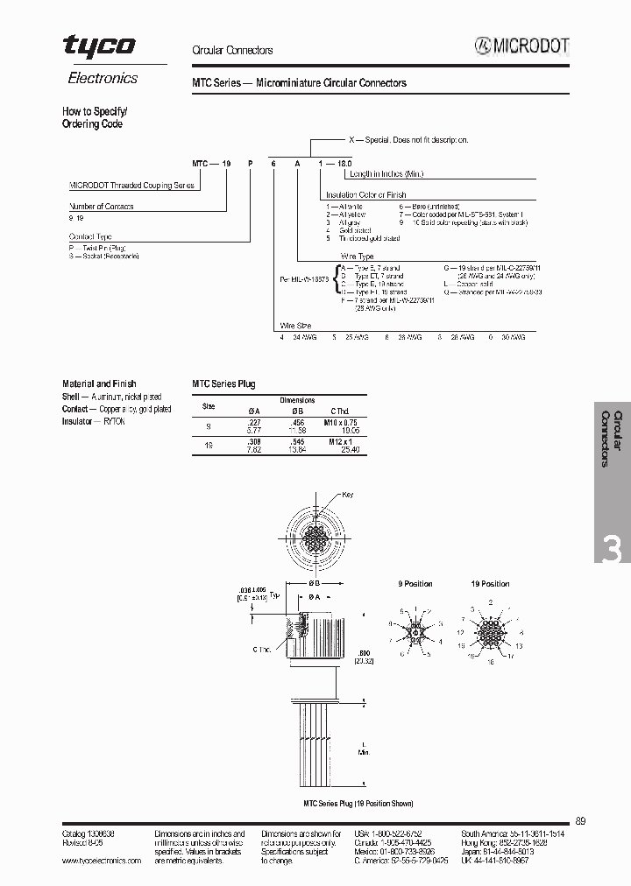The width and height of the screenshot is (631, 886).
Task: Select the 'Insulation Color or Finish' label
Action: [x=365, y=195]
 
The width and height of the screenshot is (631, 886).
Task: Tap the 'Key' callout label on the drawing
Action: [x=348, y=496]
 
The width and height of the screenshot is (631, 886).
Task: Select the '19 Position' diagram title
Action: [x=490, y=584]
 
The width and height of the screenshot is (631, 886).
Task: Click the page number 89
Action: [x=581, y=821]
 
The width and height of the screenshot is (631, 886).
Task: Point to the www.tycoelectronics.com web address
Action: [x=101, y=861]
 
